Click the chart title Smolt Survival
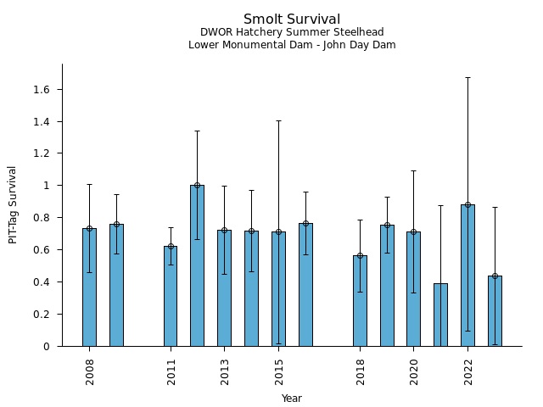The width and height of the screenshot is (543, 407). tap(292, 20)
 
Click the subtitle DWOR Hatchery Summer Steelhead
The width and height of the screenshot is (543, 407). tap(292, 33)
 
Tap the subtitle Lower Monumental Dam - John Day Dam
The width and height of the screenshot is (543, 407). tap(292, 45)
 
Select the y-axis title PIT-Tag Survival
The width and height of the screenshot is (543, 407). tap(13, 204)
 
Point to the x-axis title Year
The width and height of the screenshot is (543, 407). tap(292, 399)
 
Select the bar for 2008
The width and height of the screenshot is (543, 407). tap(89, 287)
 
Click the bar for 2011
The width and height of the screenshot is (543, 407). tap(171, 296)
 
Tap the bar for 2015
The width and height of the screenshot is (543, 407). tap(278, 289)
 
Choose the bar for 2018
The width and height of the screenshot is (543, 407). tap(360, 301)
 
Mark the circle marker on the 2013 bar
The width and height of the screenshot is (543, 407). tap(224, 230)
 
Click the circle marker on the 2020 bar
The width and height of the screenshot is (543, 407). tap(413, 231)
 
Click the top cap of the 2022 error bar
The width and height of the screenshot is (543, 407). tap(467, 77)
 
